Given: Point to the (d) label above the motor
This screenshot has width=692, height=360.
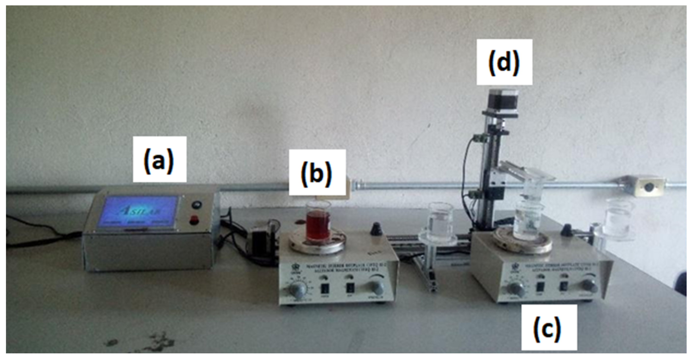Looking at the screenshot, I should pyautogui.click(x=504, y=66).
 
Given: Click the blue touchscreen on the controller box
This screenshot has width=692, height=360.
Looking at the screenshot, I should pyautogui.click(x=139, y=214).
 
